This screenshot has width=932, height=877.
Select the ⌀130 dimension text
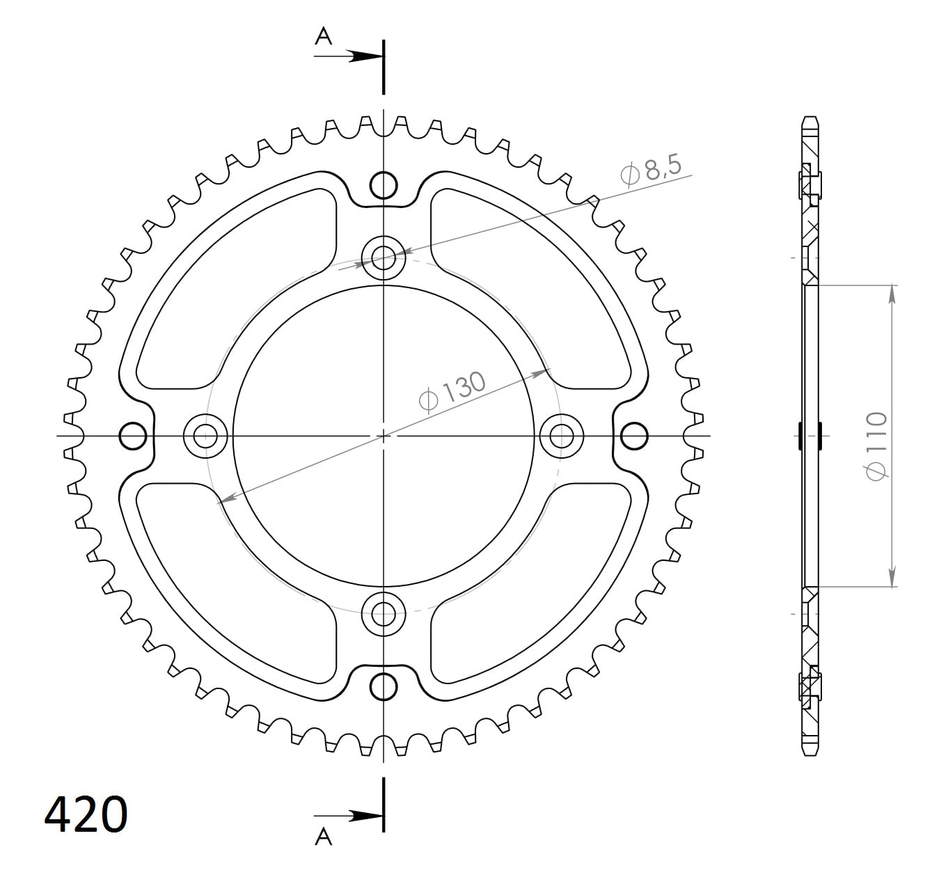(x=452, y=392)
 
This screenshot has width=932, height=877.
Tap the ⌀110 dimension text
(x=876, y=445)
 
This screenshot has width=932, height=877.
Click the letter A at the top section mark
(x=324, y=36)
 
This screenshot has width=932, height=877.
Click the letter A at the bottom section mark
(x=324, y=837)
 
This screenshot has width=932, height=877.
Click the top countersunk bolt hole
(x=384, y=259)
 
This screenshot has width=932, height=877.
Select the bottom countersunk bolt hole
(x=384, y=614)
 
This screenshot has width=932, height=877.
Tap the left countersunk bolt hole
(x=205, y=436)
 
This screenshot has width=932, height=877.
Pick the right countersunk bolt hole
(x=561, y=436)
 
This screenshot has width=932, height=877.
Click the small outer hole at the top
(x=384, y=185)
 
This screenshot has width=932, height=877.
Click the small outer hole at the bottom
(x=384, y=687)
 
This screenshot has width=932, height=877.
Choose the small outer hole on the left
(x=133, y=436)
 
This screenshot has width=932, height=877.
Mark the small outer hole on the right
(x=633, y=436)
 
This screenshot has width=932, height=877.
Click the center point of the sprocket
(x=384, y=436)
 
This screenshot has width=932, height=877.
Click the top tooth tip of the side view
(x=809, y=119)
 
